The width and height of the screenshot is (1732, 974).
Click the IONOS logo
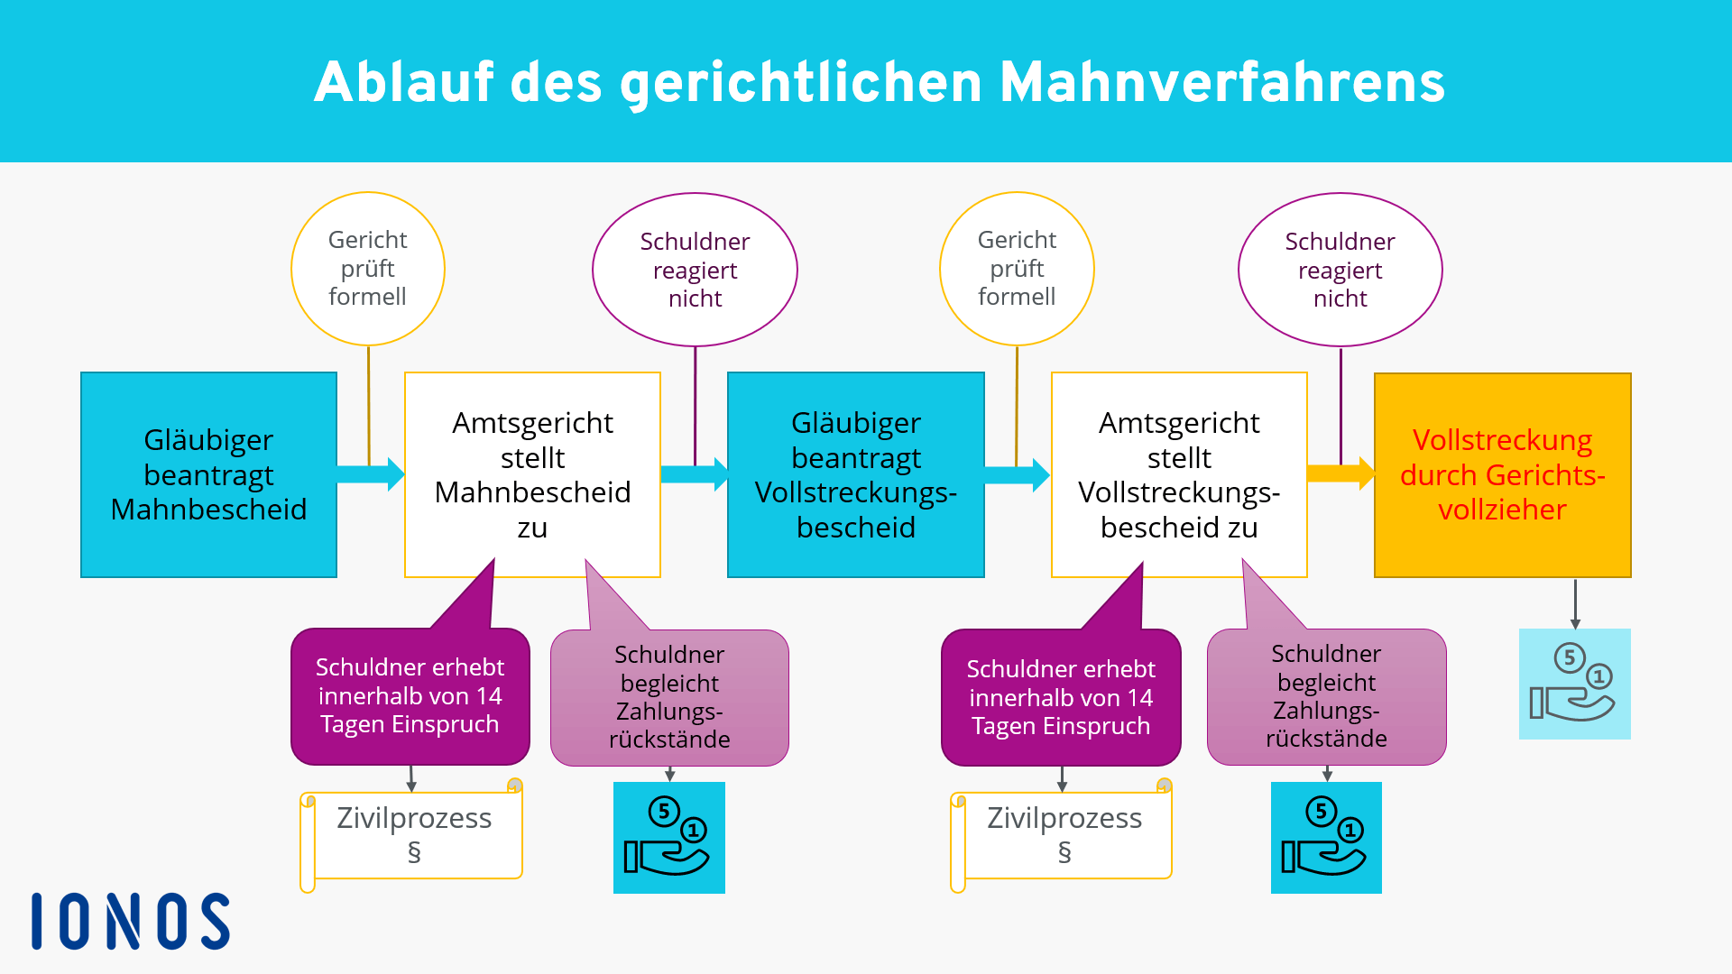pyautogui.click(x=131, y=921)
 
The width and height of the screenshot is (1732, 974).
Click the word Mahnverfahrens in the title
pyautogui.click(x=1222, y=82)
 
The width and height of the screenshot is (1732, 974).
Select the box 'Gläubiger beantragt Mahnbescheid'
pyautogui.click(x=208, y=474)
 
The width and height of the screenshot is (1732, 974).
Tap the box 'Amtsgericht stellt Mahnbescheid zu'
pyautogui.click(x=532, y=474)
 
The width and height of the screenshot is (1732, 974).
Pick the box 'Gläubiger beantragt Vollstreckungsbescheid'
pyautogui.click(x=856, y=474)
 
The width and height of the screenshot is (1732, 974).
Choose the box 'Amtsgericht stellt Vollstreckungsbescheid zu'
pyautogui.click(x=1179, y=474)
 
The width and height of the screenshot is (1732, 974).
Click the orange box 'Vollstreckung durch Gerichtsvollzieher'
pyautogui.click(x=1503, y=474)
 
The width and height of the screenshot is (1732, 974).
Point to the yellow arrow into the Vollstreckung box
pyautogui.click(x=1341, y=473)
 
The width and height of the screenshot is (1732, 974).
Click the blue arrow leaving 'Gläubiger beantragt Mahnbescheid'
pyautogui.click(x=371, y=473)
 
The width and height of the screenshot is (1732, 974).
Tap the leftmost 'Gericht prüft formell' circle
pyautogui.click(x=368, y=269)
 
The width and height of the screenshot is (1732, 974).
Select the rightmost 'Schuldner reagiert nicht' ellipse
pyautogui.click(x=1340, y=270)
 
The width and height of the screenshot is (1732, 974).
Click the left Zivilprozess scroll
pyautogui.click(x=411, y=835)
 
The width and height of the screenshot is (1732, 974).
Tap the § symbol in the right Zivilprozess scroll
pyautogui.click(x=1064, y=852)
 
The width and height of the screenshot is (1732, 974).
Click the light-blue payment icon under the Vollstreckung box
pyautogui.click(x=1575, y=684)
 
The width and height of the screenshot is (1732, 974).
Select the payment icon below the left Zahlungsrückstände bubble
pyautogui.click(x=669, y=838)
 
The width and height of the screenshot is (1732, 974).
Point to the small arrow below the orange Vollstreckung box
pyautogui.click(x=1575, y=603)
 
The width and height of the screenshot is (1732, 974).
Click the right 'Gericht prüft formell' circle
pyautogui.click(x=1017, y=269)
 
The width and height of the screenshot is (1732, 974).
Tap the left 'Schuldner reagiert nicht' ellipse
pyautogui.click(x=695, y=270)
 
